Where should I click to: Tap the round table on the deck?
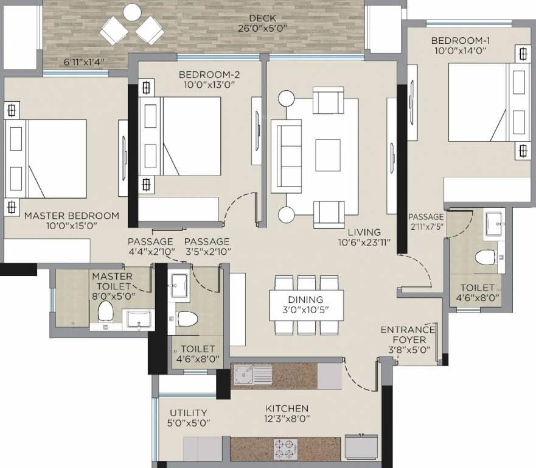point(132,12)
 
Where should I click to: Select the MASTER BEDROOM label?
point(71,216)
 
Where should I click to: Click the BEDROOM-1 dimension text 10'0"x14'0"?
point(460,51)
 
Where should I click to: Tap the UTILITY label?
point(188,413)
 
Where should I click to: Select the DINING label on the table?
point(306,300)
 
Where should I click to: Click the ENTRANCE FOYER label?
point(408,330)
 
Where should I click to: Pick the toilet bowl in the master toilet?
point(106,311)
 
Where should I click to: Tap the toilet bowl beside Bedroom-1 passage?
point(486,257)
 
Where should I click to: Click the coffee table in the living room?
point(328,156)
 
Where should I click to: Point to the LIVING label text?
point(364,232)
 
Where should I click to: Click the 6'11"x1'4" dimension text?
point(85,62)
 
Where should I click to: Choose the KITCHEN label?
point(287,408)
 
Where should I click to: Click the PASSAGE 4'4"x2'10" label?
point(150,246)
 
